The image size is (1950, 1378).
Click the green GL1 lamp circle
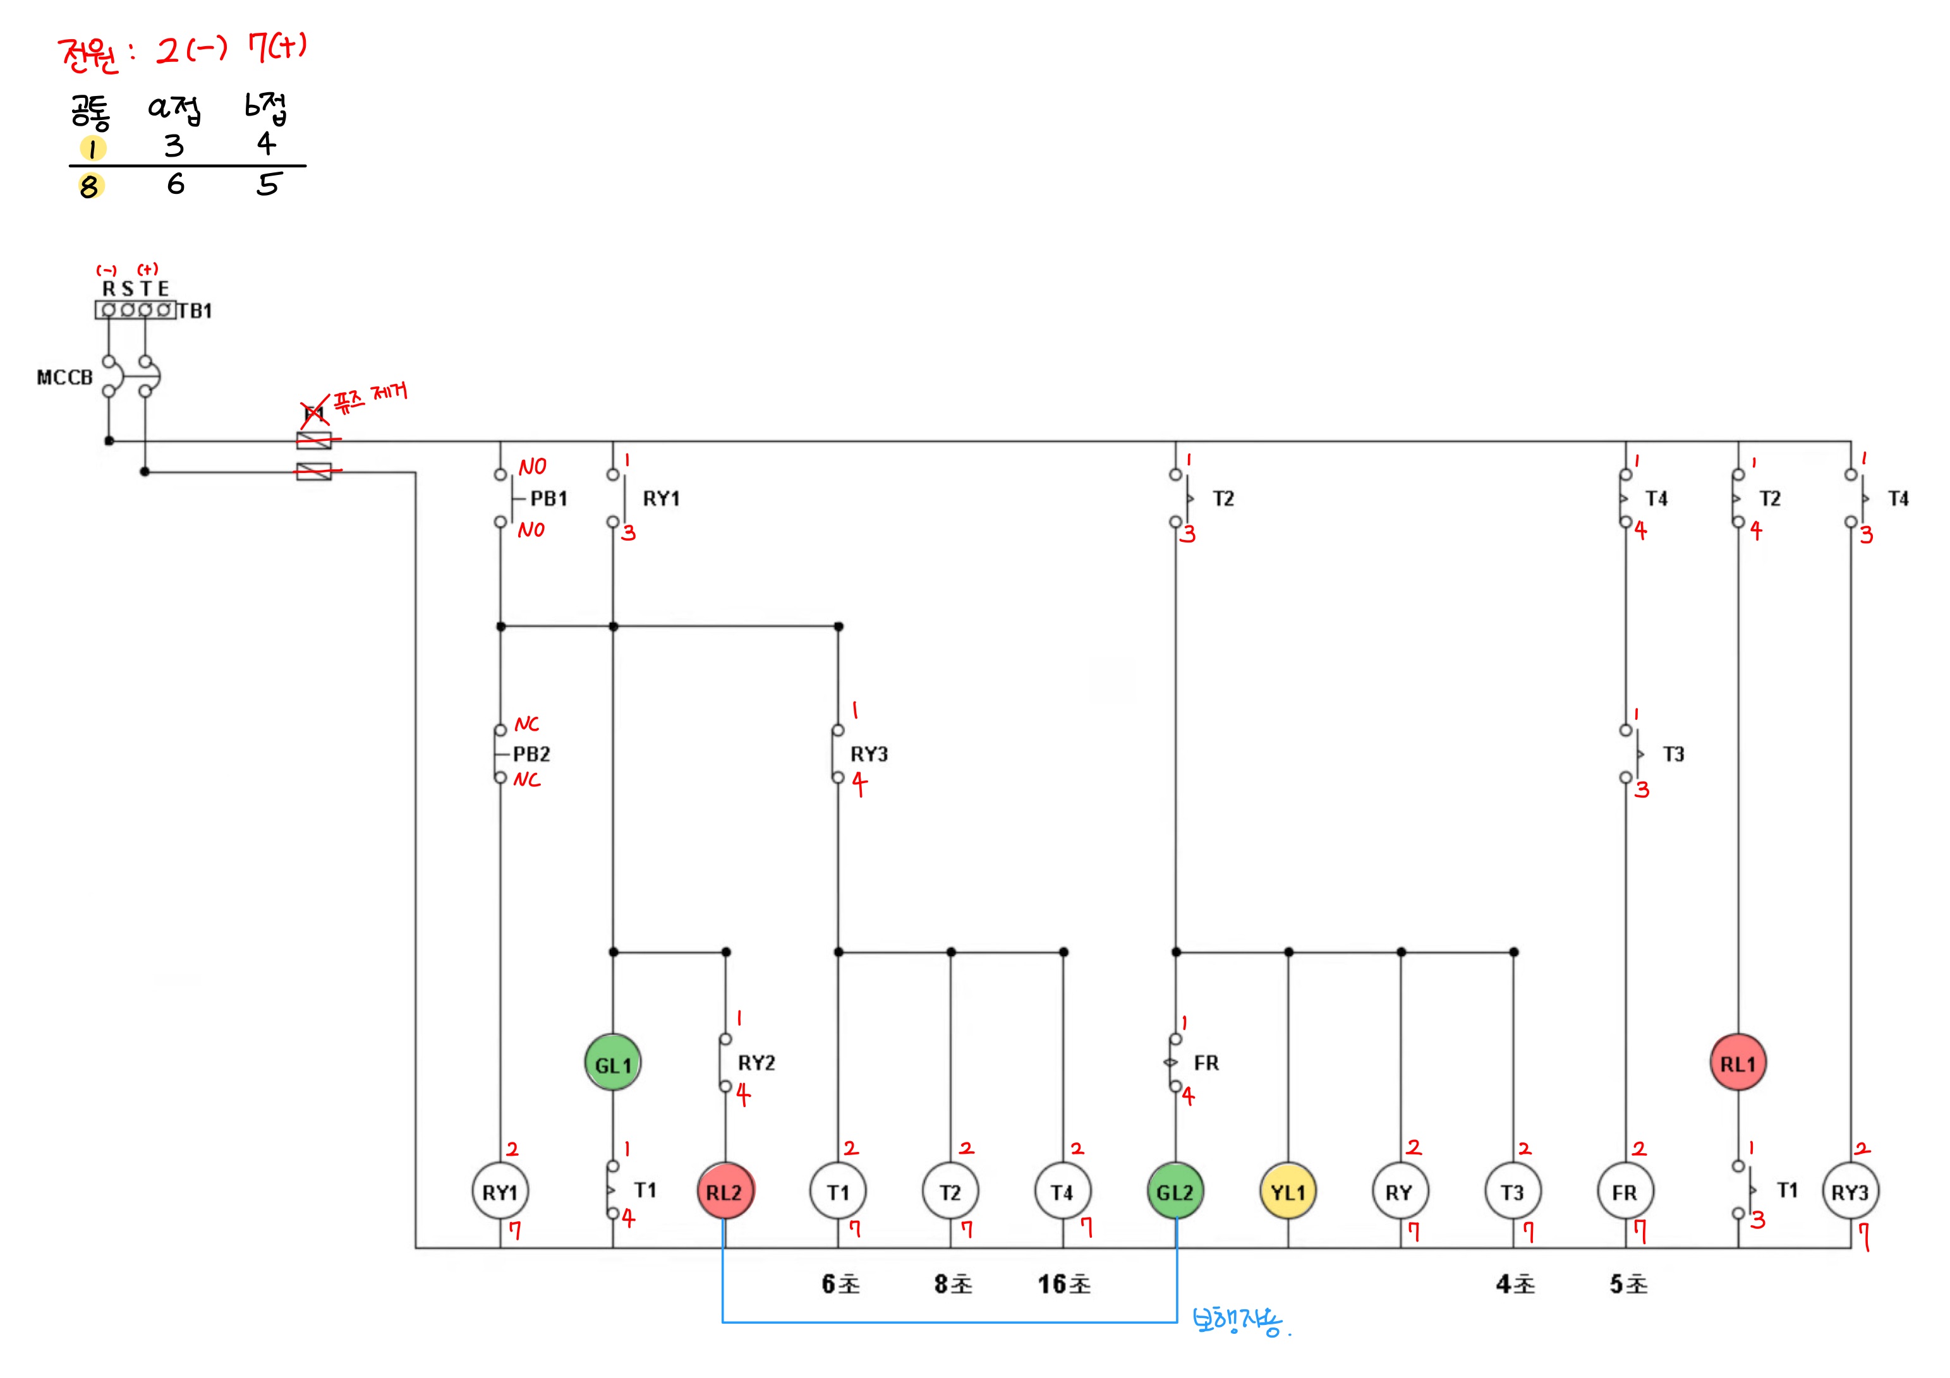tap(612, 1063)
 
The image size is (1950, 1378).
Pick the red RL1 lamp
tap(1738, 1063)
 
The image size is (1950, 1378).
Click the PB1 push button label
tap(548, 498)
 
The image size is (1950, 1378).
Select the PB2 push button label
tap(531, 754)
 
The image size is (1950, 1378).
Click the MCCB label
tap(64, 378)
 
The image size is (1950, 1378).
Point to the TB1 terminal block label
tap(195, 311)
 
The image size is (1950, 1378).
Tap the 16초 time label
tap(1064, 1284)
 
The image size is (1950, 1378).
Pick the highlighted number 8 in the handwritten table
tap(89, 186)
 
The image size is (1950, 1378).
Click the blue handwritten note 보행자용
tap(1238, 1321)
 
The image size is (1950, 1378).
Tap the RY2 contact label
tap(756, 1063)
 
